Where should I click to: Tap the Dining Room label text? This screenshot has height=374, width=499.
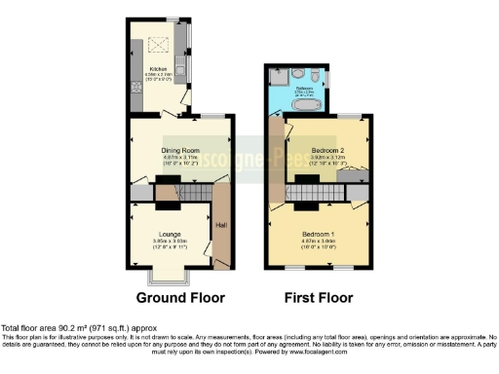pos(179,150)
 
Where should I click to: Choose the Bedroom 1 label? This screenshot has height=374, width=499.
pos(319,236)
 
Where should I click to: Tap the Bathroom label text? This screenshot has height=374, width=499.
pos(290,87)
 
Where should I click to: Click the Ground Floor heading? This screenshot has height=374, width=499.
pos(179,297)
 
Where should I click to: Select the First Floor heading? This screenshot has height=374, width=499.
pos(318,297)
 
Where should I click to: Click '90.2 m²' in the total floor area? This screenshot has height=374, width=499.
pos(63,328)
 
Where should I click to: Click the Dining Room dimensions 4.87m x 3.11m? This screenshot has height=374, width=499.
pos(179,157)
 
